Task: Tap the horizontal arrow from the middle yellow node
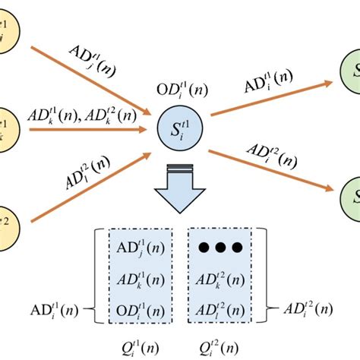click(87, 130)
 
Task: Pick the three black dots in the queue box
click(220, 247)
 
